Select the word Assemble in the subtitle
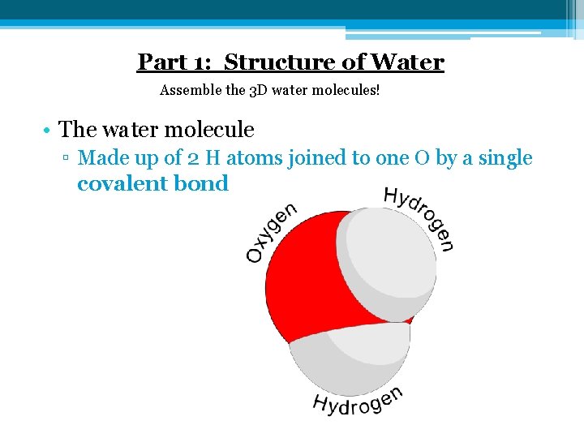(191, 89)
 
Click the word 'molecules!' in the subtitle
(345, 89)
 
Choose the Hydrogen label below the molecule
(357, 402)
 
